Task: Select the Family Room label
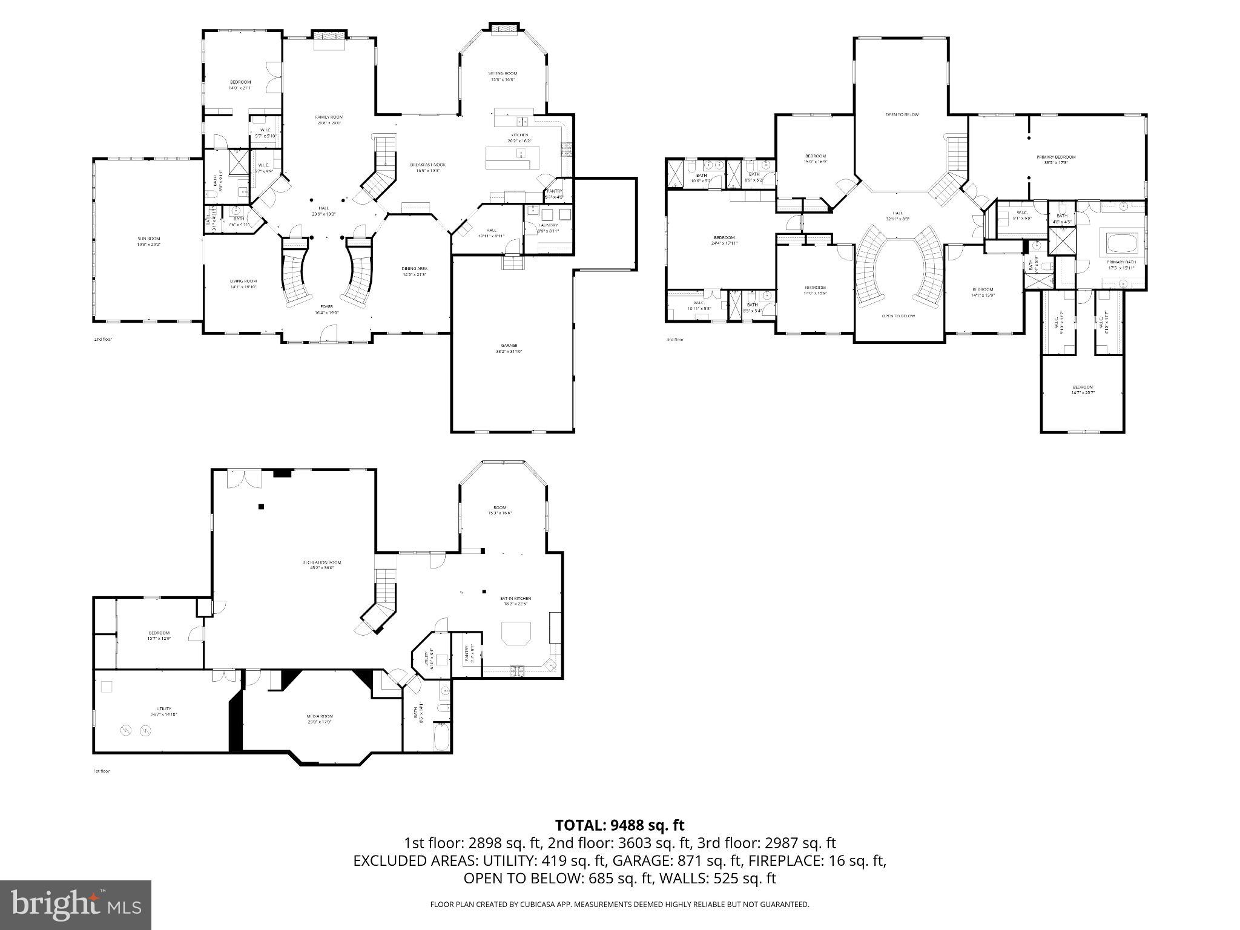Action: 329,117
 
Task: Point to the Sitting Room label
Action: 503,73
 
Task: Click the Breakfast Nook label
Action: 427,165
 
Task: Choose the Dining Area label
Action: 414,269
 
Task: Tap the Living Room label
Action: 243,281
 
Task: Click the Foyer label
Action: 326,307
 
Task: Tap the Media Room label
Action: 320,716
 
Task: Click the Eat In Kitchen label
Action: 515,598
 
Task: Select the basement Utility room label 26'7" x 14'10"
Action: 163,708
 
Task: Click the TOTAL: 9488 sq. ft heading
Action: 619,825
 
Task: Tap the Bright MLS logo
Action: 76,905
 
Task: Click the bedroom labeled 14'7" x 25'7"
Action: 1083,387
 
